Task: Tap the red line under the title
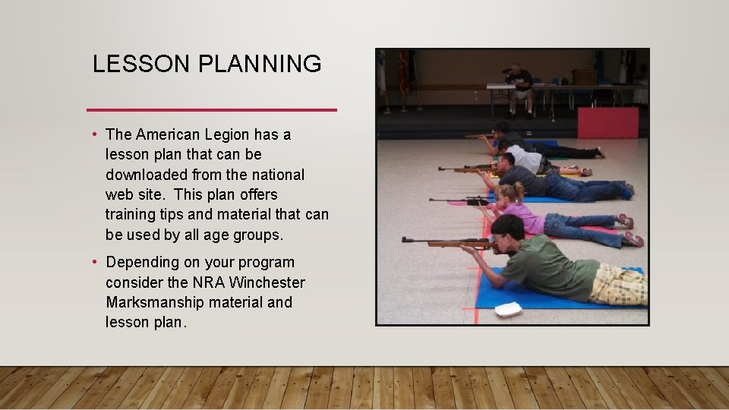point(212,110)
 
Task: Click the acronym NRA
point(209,282)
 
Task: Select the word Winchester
point(267,282)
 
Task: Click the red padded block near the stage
point(607,122)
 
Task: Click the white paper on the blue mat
point(508,309)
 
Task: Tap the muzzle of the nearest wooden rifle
point(405,239)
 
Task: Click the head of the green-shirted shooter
point(507,228)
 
